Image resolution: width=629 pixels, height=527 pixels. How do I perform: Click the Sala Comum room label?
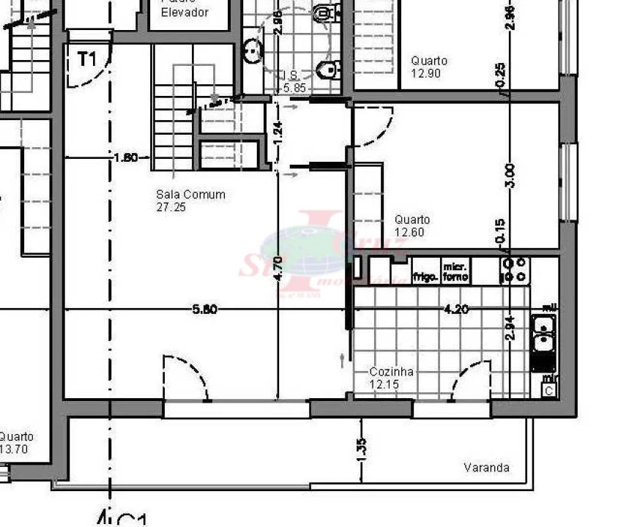(190, 195)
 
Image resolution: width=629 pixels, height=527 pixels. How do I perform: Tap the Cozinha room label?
(391, 372)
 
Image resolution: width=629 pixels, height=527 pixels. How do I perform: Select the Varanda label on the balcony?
(487, 468)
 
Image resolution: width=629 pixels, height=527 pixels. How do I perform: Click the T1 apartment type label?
(86, 60)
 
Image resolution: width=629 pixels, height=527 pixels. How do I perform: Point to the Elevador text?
(185, 12)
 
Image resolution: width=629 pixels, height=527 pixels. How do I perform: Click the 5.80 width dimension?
(204, 310)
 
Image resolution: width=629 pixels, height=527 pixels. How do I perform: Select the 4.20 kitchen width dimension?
(456, 310)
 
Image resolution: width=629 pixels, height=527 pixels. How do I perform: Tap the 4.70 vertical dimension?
(278, 269)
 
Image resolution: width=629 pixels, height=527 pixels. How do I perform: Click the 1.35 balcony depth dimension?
(361, 449)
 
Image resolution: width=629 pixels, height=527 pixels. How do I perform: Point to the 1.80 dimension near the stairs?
(127, 157)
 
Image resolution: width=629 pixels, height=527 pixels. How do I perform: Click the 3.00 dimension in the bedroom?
(510, 176)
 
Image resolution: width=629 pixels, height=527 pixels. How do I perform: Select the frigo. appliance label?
(425, 277)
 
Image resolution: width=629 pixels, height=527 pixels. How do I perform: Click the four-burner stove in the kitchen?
(514, 270)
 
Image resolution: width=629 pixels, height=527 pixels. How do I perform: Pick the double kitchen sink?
(543, 334)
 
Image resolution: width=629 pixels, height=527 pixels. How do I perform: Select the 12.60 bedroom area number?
(410, 233)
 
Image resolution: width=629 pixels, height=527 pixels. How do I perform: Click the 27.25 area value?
(171, 208)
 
